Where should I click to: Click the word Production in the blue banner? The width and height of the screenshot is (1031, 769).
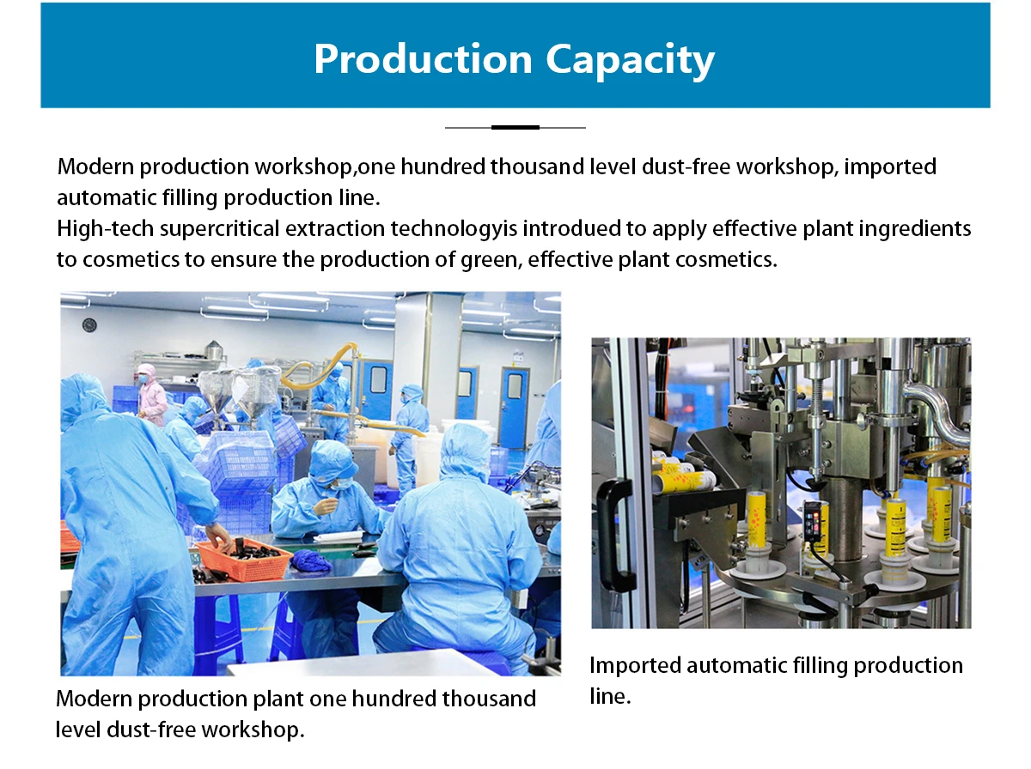click(424, 58)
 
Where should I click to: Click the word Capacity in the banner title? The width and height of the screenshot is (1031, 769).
click(631, 61)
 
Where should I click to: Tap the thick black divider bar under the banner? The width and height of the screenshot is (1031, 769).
click(515, 127)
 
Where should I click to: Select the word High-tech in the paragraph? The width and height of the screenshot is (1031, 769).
click(105, 228)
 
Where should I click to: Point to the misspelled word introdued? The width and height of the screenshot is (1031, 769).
click(571, 228)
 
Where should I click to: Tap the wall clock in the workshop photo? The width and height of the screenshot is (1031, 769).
click(89, 324)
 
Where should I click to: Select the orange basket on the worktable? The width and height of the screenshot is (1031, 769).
click(242, 559)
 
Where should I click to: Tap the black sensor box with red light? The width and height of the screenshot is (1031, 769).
click(815, 522)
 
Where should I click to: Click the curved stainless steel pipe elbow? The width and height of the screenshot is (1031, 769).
click(937, 413)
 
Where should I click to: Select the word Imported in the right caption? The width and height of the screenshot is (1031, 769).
click(635, 666)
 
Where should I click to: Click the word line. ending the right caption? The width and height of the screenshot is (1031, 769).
click(610, 697)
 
